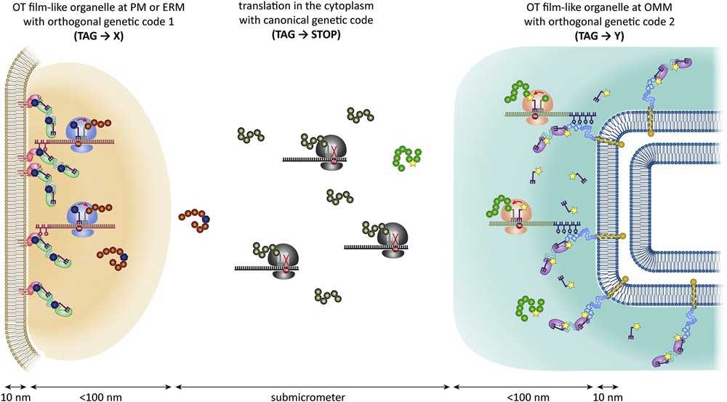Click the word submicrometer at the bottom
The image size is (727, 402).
point(314,396)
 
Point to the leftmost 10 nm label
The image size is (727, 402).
point(15,396)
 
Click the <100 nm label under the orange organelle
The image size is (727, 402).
point(98,396)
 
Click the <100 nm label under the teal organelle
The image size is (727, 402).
point(523,396)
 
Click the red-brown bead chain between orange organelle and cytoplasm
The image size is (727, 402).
point(195,221)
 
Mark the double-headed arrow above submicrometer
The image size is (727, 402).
point(313,385)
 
